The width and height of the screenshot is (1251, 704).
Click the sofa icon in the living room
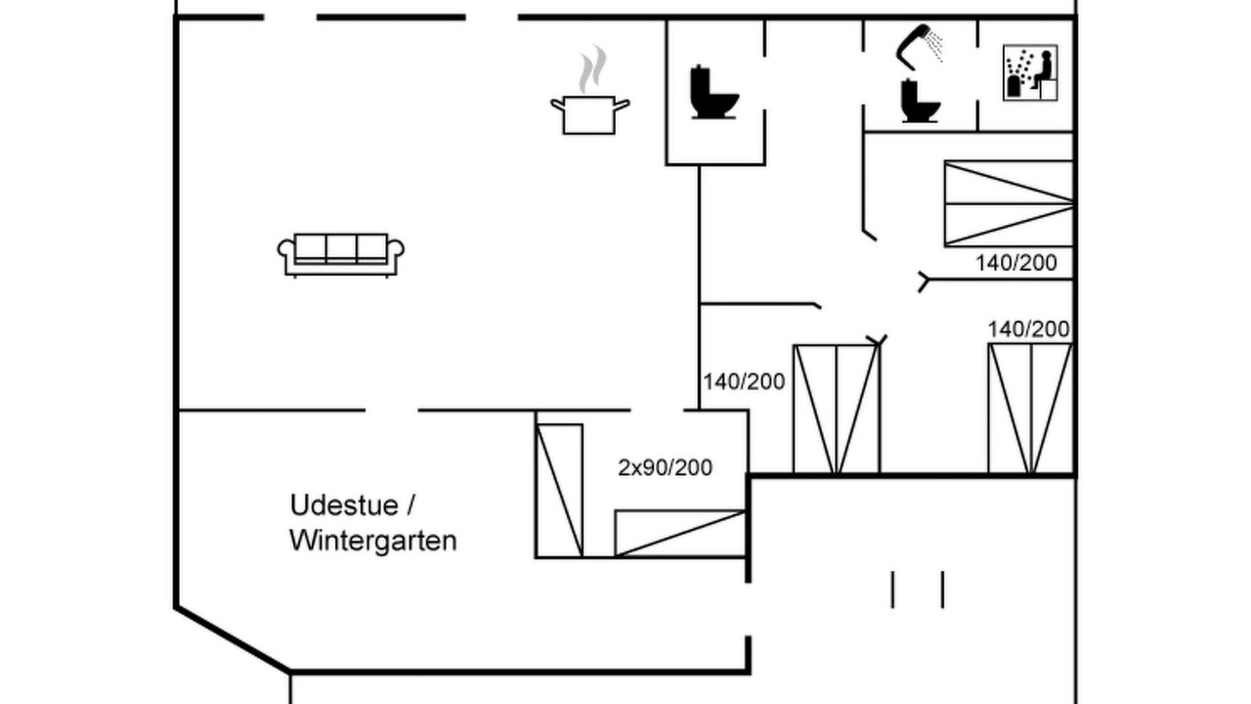[341, 255]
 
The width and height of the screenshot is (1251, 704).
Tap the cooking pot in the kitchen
[589, 115]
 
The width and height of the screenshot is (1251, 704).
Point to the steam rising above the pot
[592, 68]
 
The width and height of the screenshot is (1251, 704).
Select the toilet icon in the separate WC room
[713, 93]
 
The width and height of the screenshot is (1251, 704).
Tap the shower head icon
[920, 46]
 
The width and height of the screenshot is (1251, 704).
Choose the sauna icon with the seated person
[1030, 72]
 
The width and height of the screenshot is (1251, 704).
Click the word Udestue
[345, 506]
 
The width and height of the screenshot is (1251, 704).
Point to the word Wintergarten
[373, 541]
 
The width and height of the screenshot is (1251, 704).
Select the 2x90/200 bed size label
[666, 467]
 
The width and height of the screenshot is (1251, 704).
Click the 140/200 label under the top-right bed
[1015, 263]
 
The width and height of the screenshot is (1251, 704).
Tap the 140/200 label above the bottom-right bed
[1029, 330]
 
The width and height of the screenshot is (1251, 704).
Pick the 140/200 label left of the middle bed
[744, 381]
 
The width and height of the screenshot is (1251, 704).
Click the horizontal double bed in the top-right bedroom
[1009, 203]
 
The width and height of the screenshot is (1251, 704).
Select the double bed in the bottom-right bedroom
[1030, 409]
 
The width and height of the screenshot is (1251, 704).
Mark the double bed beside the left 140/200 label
[837, 410]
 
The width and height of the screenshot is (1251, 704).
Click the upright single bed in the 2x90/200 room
[560, 491]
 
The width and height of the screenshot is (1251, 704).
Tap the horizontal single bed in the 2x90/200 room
[680, 533]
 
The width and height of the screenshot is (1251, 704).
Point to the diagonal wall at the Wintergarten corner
[233, 638]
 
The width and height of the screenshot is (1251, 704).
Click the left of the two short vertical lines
[892, 590]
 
